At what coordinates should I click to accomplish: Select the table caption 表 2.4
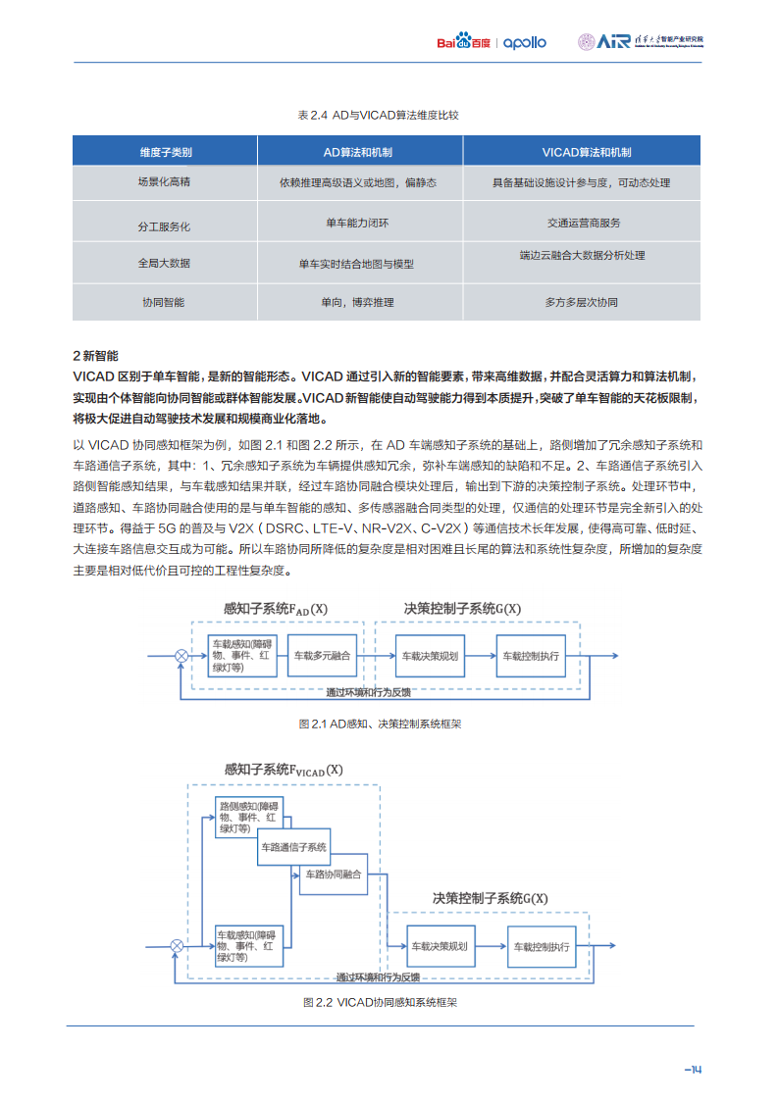tap(378, 115)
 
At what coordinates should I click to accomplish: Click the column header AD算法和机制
tap(359, 152)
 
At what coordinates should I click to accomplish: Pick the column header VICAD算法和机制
tap(581, 152)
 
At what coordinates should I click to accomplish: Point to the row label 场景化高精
tap(164, 182)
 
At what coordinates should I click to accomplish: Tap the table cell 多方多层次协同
tap(581, 303)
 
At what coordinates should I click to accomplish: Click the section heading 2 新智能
tap(95, 355)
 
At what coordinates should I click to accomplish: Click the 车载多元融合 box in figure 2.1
tap(322, 656)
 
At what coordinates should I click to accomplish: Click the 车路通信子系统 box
tap(293, 847)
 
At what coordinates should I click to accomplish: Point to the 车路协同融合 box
tap(334, 875)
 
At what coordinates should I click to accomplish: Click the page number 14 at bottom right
tap(693, 1070)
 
